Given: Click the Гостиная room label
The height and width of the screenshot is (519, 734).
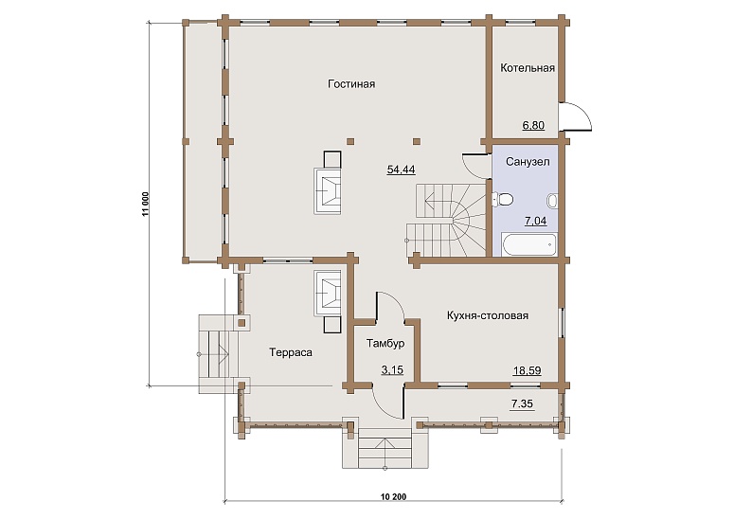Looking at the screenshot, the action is pyautogui.click(x=351, y=84).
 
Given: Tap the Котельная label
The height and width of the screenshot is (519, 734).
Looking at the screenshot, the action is pyautogui.click(x=528, y=68).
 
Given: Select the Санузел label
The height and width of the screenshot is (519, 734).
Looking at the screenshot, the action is pyautogui.click(x=528, y=162).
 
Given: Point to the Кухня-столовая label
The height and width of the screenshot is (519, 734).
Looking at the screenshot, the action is pyautogui.click(x=488, y=316).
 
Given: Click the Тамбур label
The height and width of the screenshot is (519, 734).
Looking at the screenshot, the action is pyautogui.click(x=385, y=344).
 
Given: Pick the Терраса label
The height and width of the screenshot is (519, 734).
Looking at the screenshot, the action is pyautogui.click(x=291, y=352).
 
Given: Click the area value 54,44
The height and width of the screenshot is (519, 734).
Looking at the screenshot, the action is pyautogui.click(x=402, y=170).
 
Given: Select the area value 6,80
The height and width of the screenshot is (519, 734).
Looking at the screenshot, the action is pyautogui.click(x=533, y=125).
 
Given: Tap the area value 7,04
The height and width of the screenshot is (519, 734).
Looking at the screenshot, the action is pyautogui.click(x=535, y=221).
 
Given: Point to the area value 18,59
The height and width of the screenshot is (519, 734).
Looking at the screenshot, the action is pyautogui.click(x=528, y=371).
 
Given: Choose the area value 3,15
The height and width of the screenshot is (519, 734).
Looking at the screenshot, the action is pyautogui.click(x=392, y=370).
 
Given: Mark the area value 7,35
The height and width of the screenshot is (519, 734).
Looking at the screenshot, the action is pyautogui.click(x=522, y=403).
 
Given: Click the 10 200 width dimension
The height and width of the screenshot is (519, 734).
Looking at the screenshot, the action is pyautogui.click(x=394, y=497).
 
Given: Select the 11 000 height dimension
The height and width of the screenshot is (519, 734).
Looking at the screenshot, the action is pyautogui.click(x=146, y=204).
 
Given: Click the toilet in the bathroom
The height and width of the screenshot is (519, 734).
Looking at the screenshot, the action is pyautogui.click(x=502, y=200).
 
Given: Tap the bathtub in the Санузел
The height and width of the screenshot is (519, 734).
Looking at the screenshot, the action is pyautogui.click(x=529, y=243).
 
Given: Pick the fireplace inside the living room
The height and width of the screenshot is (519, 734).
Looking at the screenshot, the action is pyautogui.click(x=328, y=184).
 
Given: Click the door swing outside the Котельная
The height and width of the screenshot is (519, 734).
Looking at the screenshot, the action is pyautogui.click(x=576, y=116).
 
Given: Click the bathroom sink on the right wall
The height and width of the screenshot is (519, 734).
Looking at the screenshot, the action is pyautogui.click(x=552, y=201).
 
